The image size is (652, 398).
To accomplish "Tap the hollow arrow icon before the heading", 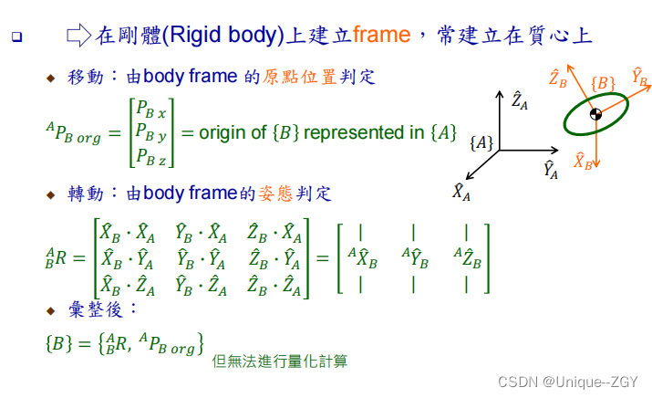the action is [x=79, y=37].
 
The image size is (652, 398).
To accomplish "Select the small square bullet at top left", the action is [x=16, y=38].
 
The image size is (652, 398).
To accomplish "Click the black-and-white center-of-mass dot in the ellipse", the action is [x=595, y=113].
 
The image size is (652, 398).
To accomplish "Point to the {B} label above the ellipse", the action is [x=603, y=83].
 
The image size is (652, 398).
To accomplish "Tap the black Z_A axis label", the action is [x=520, y=99].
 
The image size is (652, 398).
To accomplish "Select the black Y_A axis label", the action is [x=550, y=169].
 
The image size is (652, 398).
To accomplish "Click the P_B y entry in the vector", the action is [x=150, y=133].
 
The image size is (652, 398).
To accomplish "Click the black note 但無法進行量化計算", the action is [x=279, y=361].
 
